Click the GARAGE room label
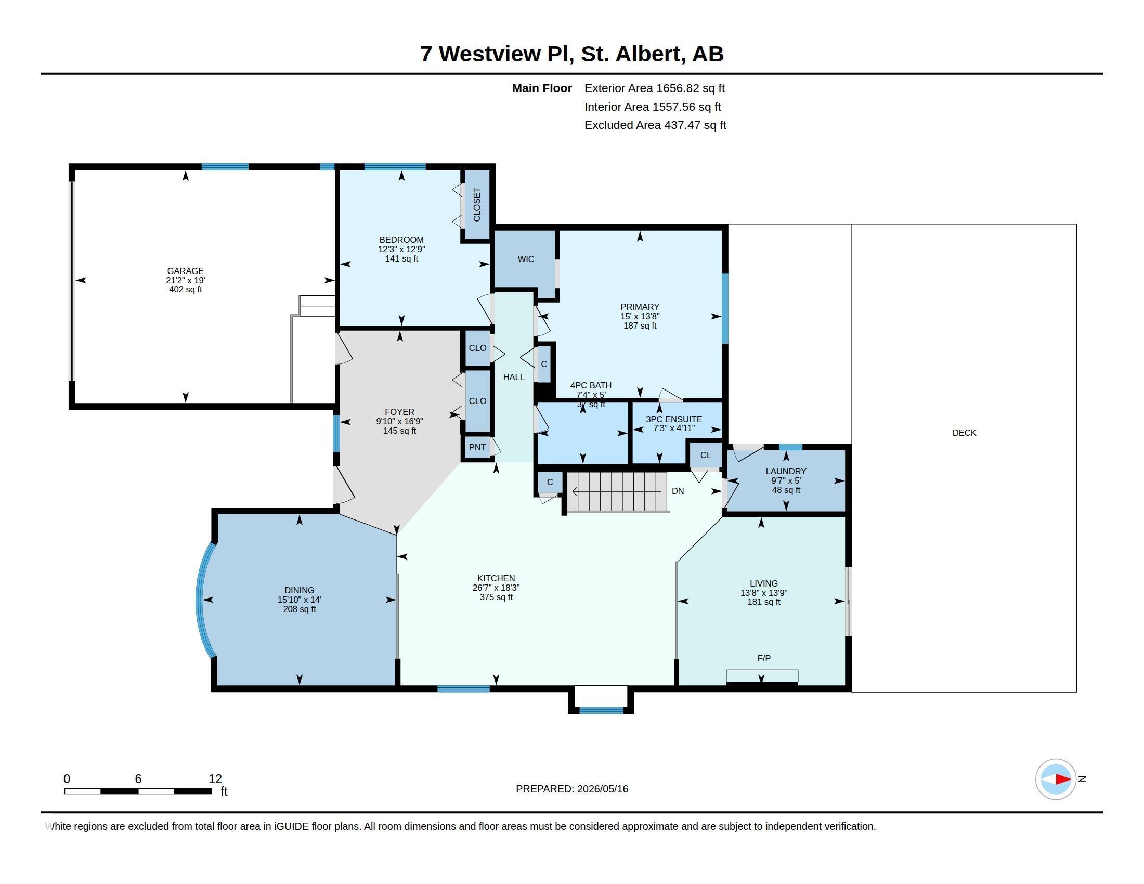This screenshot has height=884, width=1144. [x=186, y=271]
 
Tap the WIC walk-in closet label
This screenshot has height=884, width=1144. [x=526, y=259]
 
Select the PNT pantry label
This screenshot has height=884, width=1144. [x=477, y=447]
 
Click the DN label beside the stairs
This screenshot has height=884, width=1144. [x=678, y=491]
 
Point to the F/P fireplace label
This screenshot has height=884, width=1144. [x=764, y=658]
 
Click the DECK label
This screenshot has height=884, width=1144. [x=964, y=433]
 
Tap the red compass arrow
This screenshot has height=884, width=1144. [x=1063, y=779]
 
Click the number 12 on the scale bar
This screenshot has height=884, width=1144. [x=215, y=779]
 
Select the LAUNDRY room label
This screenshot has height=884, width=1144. [x=786, y=471]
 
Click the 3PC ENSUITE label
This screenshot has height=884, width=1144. [x=674, y=419]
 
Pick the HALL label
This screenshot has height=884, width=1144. [x=514, y=377]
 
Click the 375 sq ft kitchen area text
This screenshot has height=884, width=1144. [x=496, y=597]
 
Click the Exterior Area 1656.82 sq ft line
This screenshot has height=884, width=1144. [x=655, y=88]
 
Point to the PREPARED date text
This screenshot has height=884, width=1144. [x=572, y=789]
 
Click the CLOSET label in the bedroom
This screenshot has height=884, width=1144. [x=477, y=205]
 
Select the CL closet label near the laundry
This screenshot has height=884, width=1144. [x=706, y=455]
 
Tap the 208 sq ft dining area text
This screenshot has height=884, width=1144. [x=300, y=609]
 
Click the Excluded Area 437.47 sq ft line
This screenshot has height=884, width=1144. [x=655, y=125]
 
